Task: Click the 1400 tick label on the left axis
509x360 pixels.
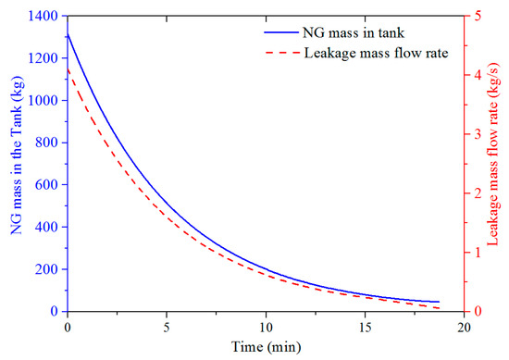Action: [43, 16]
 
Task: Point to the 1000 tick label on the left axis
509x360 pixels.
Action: [43, 100]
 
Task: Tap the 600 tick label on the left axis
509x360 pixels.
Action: [47, 185]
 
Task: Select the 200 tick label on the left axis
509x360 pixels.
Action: [47, 269]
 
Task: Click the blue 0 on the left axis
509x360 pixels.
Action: [55, 311]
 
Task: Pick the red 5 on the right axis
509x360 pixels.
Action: [478, 16]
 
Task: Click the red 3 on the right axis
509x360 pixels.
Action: [478, 134]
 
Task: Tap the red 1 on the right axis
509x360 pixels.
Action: [478, 253]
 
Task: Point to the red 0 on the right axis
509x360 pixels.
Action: [478, 311]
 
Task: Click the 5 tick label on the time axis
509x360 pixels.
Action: [167, 328]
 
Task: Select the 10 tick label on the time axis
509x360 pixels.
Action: [266, 328]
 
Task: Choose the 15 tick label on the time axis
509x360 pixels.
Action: [366, 328]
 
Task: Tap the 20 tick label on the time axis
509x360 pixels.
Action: [465, 328]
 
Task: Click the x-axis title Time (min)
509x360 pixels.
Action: [266, 347]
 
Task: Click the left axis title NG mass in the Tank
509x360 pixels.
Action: [18, 155]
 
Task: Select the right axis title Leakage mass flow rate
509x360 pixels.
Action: [492, 157]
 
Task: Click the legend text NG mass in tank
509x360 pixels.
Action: [354, 32]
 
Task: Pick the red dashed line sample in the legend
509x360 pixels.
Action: [281, 52]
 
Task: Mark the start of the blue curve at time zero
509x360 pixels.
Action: [68, 33]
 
